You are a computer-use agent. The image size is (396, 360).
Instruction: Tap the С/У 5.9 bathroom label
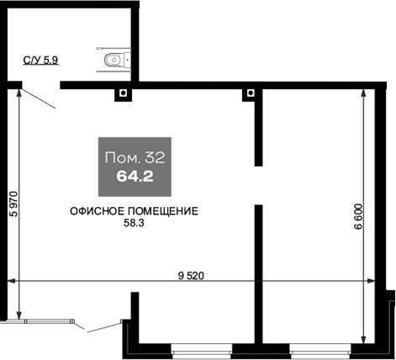(41, 61)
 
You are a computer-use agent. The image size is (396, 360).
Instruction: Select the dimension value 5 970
(13, 204)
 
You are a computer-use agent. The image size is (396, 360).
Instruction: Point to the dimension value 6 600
(358, 217)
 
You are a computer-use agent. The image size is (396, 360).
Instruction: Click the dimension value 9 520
(191, 276)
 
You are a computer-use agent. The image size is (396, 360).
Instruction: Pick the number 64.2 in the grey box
(135, 177)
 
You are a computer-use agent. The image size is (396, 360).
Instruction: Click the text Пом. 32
(135, 158)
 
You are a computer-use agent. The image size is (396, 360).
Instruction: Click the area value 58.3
(134, 223)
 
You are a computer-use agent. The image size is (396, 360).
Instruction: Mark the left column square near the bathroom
(123, 93)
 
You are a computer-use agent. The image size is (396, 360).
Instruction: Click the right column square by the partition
(251, 93)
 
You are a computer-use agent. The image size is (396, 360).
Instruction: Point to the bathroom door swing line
(39, 98)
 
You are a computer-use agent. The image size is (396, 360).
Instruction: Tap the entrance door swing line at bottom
(103, 328)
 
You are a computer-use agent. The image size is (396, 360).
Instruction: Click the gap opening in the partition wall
(258, 185)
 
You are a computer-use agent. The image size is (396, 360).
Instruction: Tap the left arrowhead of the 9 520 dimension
(11, 281)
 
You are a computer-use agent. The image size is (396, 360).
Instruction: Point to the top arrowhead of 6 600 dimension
(363, 93)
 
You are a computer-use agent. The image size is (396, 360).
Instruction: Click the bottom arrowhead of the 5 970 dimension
(18, 315)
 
